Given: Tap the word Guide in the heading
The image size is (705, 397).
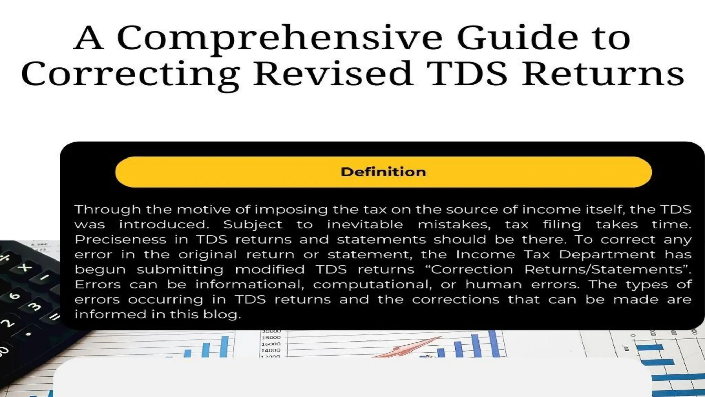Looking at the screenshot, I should click(x=517, y=38).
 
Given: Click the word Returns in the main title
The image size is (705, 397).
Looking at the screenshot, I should click(x=602, y=74).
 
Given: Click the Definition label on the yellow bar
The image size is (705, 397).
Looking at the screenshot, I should click(x=383, y=172).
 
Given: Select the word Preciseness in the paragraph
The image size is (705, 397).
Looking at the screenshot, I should click(x=120, y=240).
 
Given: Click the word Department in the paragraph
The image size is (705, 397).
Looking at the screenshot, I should click(x=607, y=255).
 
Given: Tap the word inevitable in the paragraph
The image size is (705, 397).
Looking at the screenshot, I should click(x=365, y=225).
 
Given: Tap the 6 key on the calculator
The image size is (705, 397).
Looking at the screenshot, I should click(x=14, y=296).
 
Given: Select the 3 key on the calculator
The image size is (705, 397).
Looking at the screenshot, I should click(x=34, y=306).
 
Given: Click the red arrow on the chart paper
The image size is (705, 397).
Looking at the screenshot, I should click(x=410, y=348).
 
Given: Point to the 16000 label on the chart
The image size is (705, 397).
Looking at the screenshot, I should click(x=271, y=344).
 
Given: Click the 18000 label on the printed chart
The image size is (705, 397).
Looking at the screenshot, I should click(x=271, y=338).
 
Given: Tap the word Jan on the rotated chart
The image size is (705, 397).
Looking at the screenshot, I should click(x=627, y=348).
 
